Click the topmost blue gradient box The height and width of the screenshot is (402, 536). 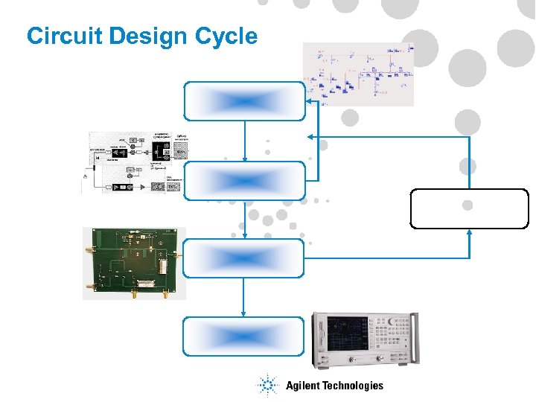click(244, 100)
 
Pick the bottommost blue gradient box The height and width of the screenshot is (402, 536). click(244, 336)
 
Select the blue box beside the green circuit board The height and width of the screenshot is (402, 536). click(244, 258)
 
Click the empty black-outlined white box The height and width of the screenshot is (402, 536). click(469, 208)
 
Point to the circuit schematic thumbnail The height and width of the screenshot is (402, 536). click(358, 74)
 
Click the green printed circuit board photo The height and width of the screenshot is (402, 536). click(131, 263)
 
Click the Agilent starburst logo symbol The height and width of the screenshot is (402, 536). click(267, 385)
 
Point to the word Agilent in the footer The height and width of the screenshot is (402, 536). click(303, 386)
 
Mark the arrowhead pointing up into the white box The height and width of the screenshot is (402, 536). click(469, 232)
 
